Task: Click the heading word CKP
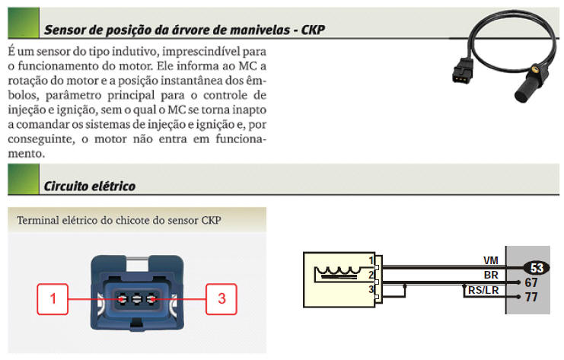(x=313, y=30)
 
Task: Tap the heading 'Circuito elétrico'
(x=90, y=185)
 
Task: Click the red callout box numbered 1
(x=53, y=299)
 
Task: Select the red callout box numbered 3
(x=221, y=299)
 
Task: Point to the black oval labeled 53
(x=537, y=267)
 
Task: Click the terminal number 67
(x=531, y=282)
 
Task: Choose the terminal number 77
(x=531, y=297)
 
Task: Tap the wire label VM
(x=491, y=260)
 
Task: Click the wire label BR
(x=491, y=274)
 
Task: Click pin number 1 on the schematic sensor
(x=371, y=260)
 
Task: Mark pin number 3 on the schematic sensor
(x=371, y=288)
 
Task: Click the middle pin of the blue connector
(x=138, y=298)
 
